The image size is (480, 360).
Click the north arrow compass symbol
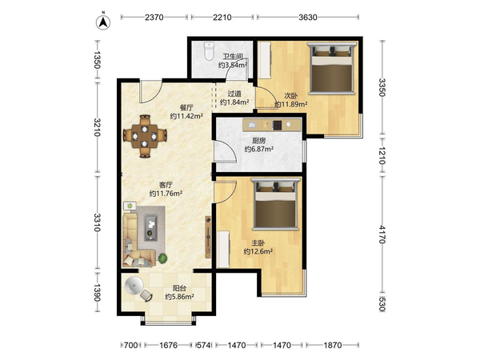click(103, 22)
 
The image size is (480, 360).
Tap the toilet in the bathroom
click(209, 51)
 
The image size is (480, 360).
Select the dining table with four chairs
click(145, 136)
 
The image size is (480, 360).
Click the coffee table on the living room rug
click(150, 228)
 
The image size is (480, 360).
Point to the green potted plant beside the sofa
click(162, 258)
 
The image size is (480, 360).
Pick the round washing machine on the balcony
click(134, 286)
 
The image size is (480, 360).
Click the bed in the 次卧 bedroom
click(332, 68)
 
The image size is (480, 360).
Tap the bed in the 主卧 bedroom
click(275, 204)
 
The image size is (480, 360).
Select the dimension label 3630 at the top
click(308, 18)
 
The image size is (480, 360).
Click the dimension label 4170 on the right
click(382, 234)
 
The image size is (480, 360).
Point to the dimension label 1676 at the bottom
click(168, 346)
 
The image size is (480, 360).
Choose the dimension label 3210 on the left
click(97, 127)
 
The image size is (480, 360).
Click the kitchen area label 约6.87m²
click(259, 150)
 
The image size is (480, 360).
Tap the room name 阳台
click(179, 288)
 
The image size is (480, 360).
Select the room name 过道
click(234, 94)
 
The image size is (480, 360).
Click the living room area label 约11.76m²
click(166, 194)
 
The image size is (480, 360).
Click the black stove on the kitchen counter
click(278, 125)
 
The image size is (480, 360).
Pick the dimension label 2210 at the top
click(222, 18)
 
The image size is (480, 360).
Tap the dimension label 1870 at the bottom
click(333, 346)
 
